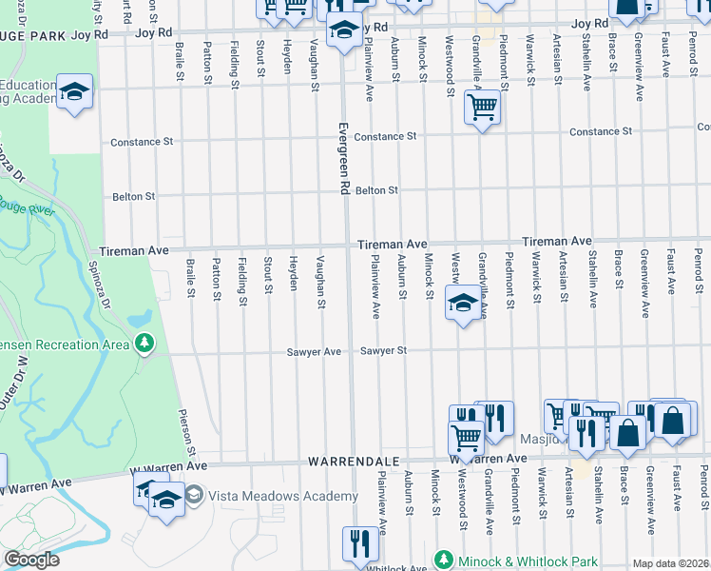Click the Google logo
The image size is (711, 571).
point(31,560)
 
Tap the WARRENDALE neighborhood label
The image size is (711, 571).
point(353,461)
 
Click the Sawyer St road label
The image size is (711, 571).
point(383,351)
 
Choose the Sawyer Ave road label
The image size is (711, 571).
point(314,352)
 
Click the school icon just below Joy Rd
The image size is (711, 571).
point(344,30)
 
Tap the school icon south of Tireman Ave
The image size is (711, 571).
point(463,305)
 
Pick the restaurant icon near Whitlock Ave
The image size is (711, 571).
point(359,543)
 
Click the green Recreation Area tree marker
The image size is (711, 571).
point(144,343)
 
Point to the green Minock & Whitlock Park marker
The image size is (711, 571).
point(443,560)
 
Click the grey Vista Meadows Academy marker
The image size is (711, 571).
point(194,495)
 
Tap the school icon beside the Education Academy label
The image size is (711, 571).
point(74,91)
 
